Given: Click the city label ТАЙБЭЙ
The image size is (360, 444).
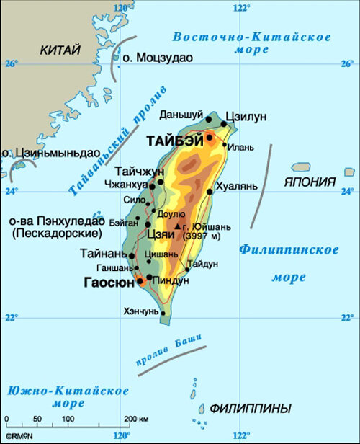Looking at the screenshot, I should coord(174,141).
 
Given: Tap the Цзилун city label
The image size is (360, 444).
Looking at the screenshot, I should coord(246,117).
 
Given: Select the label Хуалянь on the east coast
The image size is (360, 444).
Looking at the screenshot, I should coord(236,185).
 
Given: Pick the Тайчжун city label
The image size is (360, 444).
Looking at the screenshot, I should coord(139,172).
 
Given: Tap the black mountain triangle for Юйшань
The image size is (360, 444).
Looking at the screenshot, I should coord(176,226).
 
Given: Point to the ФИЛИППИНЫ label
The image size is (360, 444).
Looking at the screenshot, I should coord(251,409).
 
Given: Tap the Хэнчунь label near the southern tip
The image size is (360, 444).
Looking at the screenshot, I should coord(141,311).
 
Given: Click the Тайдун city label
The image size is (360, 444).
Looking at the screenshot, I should coord(202,265).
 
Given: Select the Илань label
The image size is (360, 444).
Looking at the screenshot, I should coord(241,148).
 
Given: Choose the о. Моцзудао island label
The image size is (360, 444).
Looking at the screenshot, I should coord(158,58).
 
